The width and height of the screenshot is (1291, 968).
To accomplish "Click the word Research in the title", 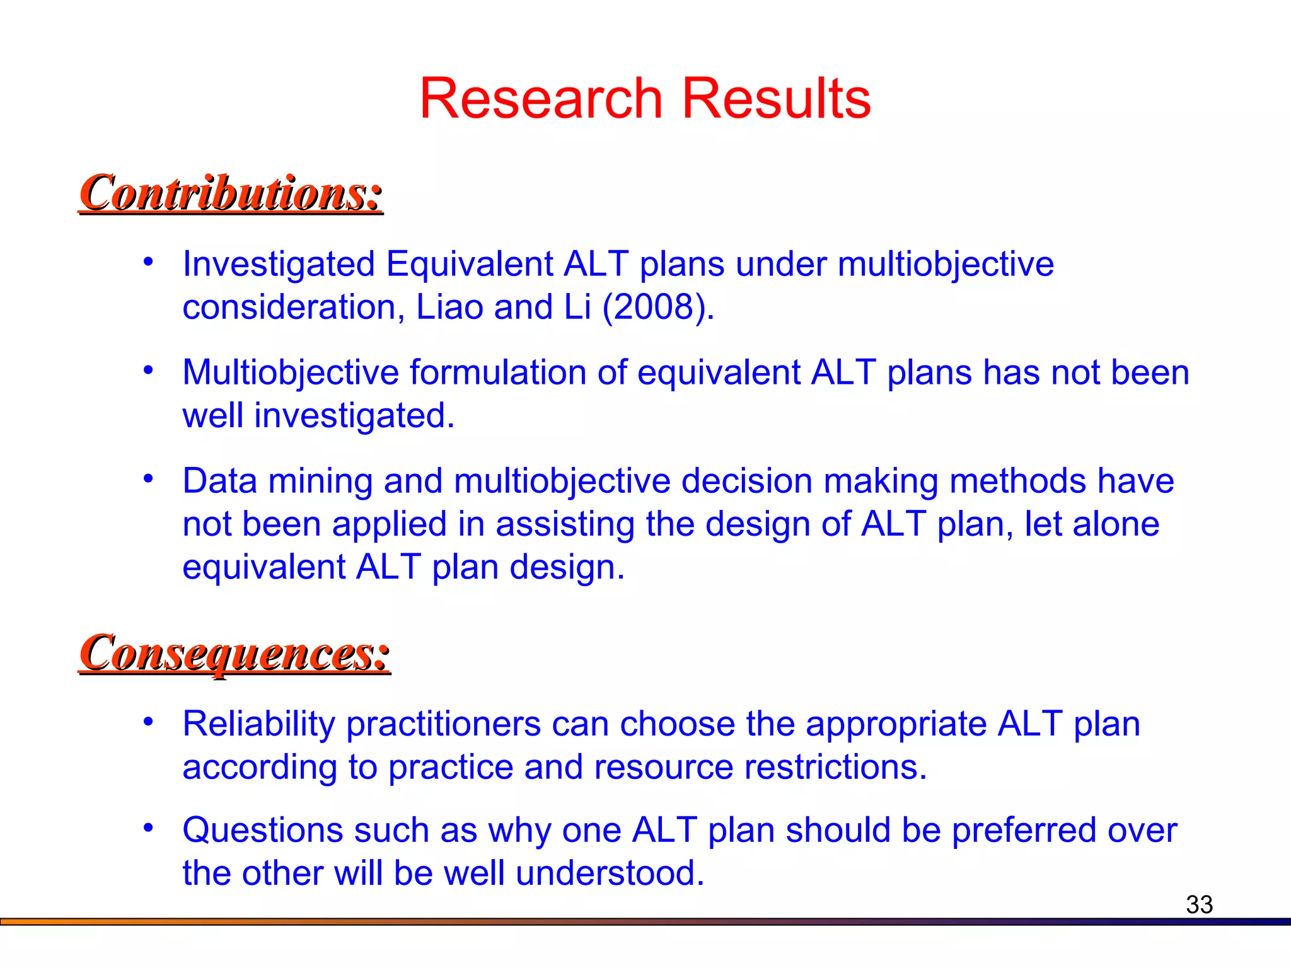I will (540, 98).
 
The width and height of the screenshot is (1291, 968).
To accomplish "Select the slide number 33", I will (1199, 904).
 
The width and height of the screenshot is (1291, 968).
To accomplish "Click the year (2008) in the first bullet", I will (658, 307).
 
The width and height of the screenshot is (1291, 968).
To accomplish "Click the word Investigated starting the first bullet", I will (279, 263).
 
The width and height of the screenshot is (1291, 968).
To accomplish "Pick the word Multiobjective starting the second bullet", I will (291, 372).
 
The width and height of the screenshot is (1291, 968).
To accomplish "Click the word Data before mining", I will (219, 481).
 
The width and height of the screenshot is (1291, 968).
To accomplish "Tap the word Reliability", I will (258, 723).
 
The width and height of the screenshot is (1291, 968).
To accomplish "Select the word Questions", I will (262, 830).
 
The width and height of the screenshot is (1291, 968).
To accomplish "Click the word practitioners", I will (443, 723).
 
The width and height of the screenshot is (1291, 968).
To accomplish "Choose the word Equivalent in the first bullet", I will (469, 263).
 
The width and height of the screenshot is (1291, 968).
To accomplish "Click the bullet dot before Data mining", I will (148, 479).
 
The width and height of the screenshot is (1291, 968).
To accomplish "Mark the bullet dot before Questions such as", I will (148, 827).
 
